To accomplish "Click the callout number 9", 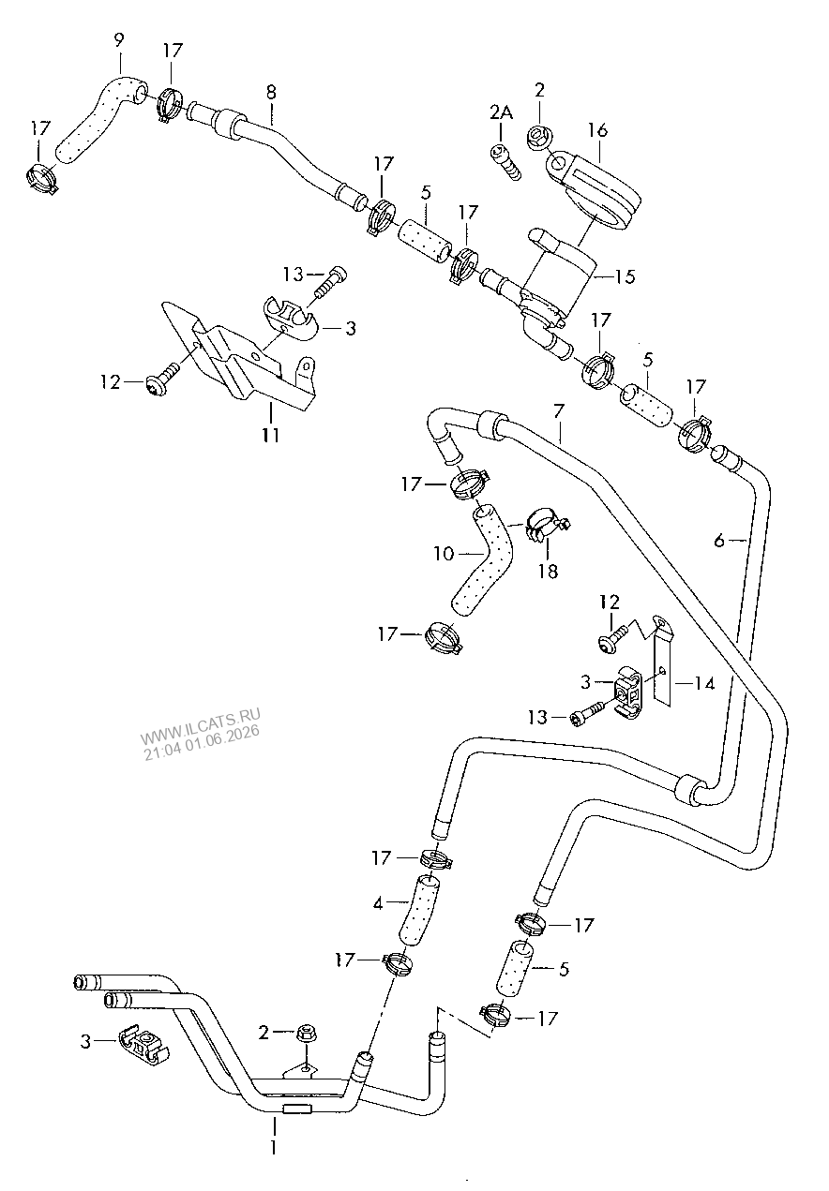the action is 118,40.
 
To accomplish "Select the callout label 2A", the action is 502,112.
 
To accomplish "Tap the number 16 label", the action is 598,129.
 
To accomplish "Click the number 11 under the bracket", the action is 270,435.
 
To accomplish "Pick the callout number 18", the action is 548,571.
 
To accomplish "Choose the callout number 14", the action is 704,684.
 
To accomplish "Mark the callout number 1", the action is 274,1147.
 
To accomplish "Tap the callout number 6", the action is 719,541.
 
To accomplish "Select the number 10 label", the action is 444,554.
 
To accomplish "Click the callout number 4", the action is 378,903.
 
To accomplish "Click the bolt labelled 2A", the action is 505,161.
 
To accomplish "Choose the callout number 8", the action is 271,93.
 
